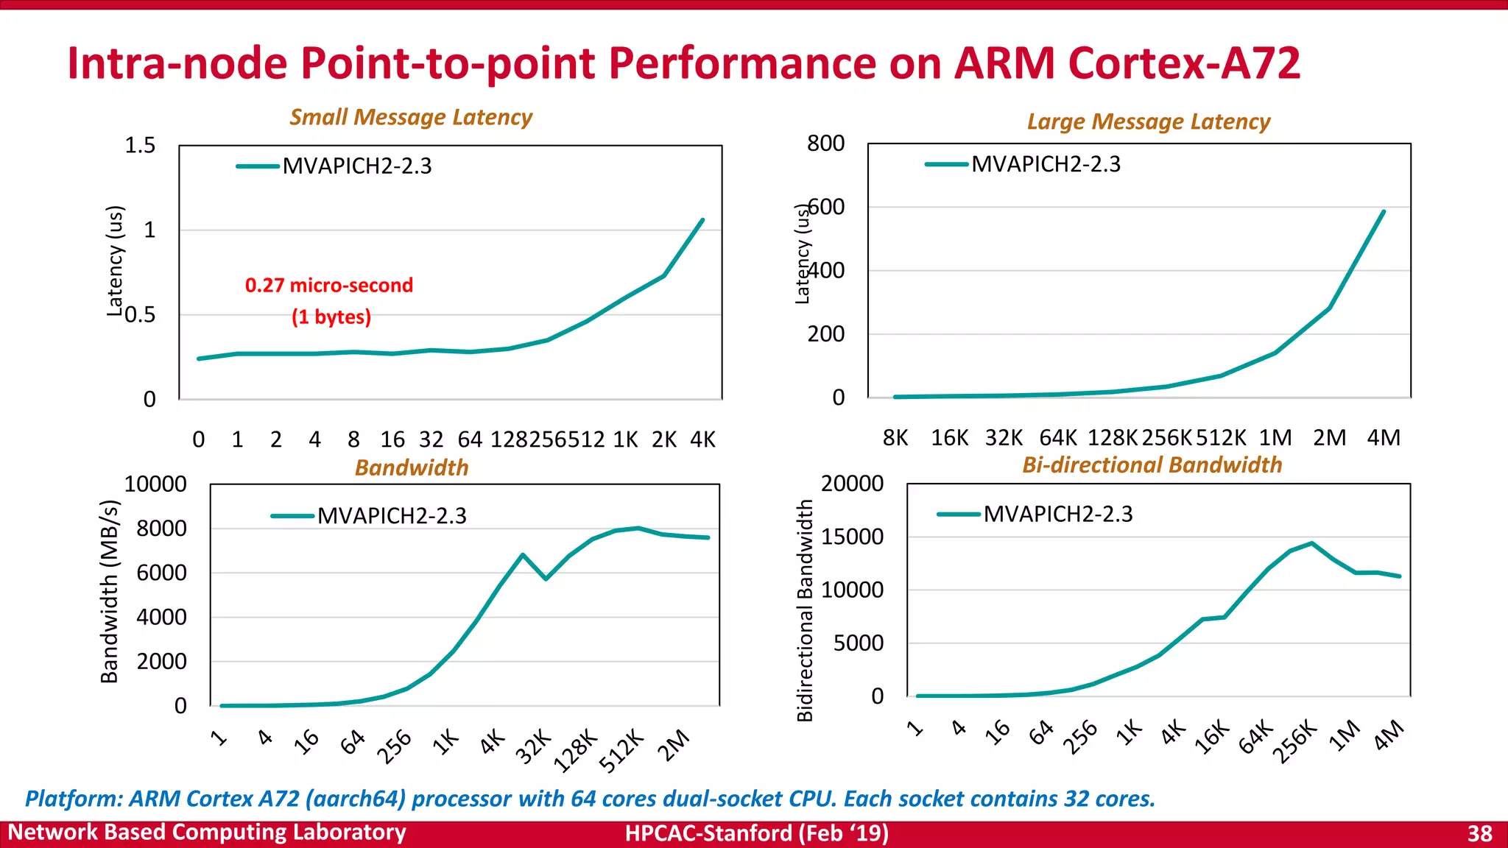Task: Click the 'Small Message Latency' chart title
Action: pos(411,117)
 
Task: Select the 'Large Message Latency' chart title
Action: pos(1148,121)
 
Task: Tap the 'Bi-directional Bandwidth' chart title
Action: pos(1152,465)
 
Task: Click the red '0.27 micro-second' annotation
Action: pos(329,286)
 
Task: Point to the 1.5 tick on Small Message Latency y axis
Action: pos(140,146)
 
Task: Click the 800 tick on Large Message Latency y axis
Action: pos(825,144)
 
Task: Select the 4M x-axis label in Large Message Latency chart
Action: pos(1383,438)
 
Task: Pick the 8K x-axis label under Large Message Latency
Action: pos(895,438)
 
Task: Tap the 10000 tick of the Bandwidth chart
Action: pos(155,484)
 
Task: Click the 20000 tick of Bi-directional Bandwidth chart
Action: pos(852,484)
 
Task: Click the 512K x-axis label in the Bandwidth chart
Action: pos(622,752)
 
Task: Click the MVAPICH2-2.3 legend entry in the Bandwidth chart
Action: pos(391,516)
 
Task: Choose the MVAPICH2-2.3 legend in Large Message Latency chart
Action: pos(1045,164)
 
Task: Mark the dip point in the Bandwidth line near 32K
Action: pos(546,579)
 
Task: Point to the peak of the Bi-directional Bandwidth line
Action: pos(1311,543)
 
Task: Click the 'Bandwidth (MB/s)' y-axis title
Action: pos(109,591)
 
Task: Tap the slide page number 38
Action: pos(1479,833)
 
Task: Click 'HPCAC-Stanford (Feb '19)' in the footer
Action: pos(756,833)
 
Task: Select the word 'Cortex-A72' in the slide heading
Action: pos(1183,63)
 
